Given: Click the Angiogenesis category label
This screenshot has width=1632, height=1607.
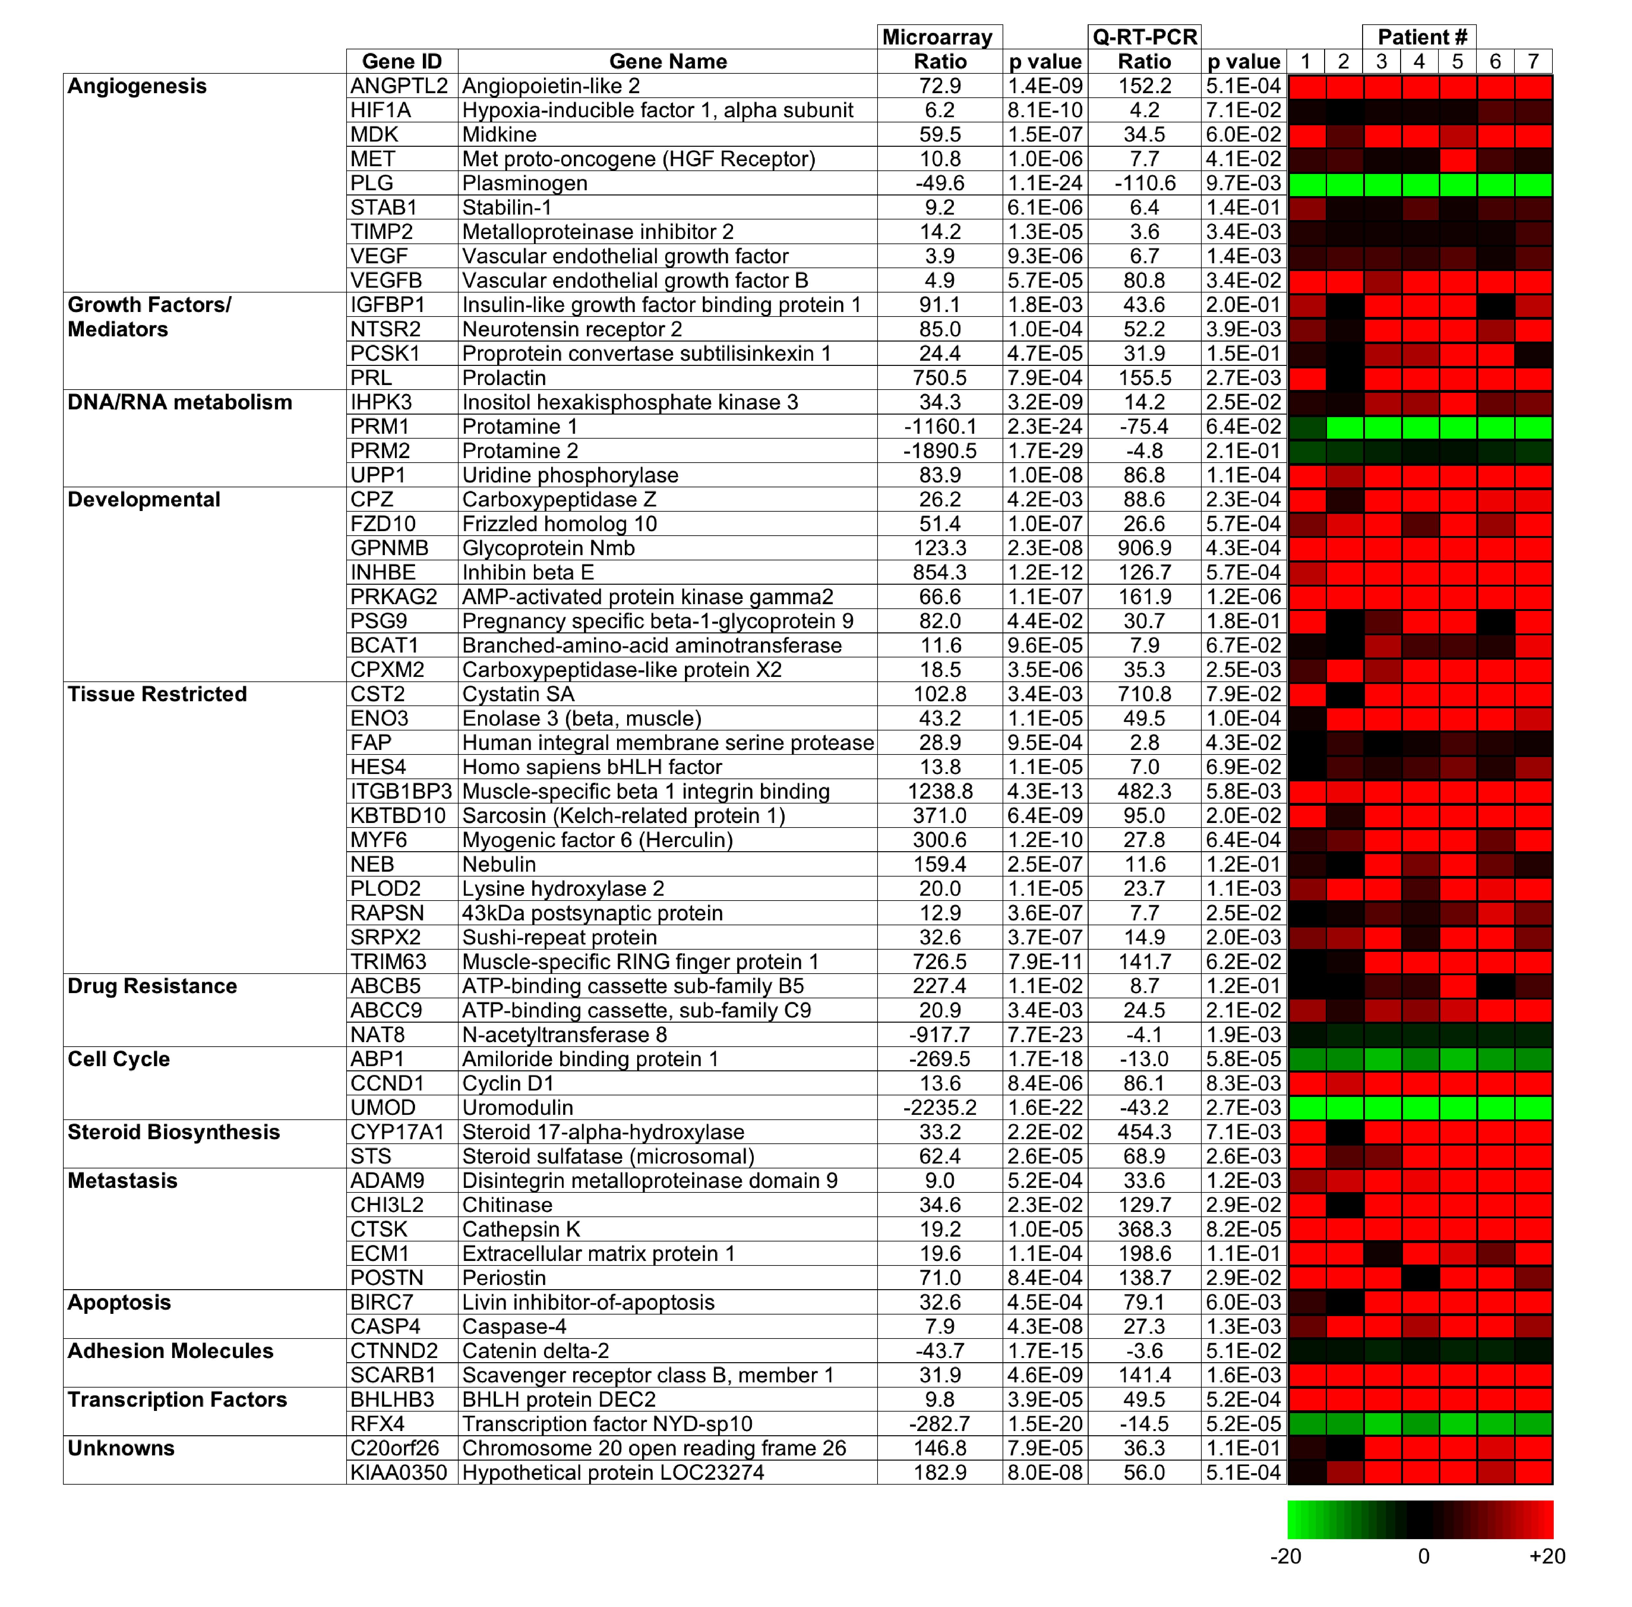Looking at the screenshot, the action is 137,86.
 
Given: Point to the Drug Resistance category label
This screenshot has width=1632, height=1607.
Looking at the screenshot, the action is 152,986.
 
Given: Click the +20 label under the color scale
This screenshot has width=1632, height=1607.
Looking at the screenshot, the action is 1547,1555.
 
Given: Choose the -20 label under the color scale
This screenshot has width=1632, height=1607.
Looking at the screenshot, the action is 1285,1555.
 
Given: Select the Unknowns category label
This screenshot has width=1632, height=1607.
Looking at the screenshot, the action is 121,1448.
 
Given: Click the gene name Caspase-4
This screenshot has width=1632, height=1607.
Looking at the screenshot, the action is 514,1327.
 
